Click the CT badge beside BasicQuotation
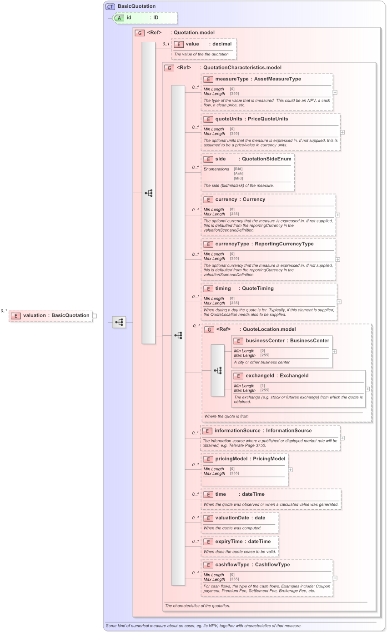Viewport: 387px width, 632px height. point(111,6)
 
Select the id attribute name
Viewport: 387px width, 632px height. point(129,18)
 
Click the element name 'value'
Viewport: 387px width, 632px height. point(192,44)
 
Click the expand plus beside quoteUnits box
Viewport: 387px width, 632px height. point(342,132)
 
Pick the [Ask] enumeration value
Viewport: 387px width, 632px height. point(238,174)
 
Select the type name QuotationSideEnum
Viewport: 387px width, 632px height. point(266,159)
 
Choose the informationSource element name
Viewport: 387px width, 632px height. point(237,431)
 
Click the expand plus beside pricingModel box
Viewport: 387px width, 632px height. point(290,470)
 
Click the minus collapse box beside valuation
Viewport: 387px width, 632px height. point(95,316)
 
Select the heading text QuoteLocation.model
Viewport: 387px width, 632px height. point(269,329)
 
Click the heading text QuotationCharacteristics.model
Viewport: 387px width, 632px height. point(242,68)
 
